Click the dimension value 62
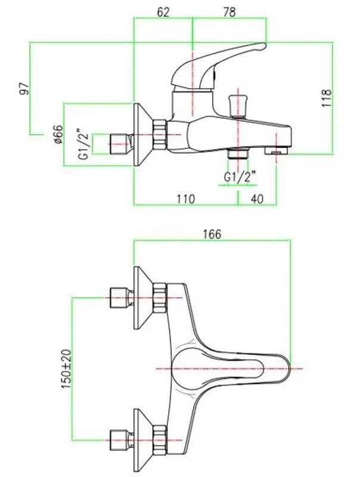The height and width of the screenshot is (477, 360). point(163,13)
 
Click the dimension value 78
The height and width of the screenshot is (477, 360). point(229,13)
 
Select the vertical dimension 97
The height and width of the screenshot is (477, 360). point(24,88)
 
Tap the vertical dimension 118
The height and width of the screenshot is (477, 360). point(326,98)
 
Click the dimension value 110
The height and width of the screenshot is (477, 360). point(185,199)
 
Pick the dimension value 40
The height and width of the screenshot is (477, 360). point(257,199)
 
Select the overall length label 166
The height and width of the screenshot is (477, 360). point(212,234)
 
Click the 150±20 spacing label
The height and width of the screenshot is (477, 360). point(66,368)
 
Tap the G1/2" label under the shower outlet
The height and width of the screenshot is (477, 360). point(239,176)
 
